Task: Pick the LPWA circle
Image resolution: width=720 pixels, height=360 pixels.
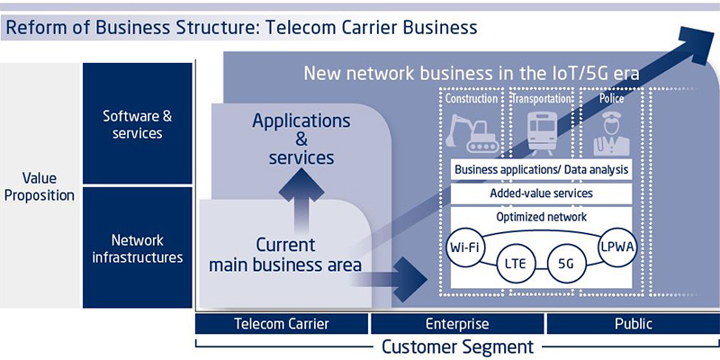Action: (618, 247)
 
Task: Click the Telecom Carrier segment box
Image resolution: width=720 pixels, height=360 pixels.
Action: (282, 324)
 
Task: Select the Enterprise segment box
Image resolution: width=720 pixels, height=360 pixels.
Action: (457, 324)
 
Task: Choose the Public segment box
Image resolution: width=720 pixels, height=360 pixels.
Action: (634, 324)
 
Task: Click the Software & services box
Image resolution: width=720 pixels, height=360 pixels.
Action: (138, 123)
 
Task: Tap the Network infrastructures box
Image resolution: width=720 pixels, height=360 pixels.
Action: (138, 247)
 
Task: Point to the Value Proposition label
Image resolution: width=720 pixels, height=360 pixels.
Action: (40, 186)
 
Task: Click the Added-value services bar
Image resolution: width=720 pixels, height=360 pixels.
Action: (542, 193)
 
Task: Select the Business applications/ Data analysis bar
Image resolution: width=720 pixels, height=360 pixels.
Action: (542, 170)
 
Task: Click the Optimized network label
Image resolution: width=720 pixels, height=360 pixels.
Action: (542, 216)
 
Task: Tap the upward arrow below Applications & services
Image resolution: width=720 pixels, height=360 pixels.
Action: (301, 199)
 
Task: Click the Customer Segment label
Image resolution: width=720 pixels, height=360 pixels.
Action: (458, 346)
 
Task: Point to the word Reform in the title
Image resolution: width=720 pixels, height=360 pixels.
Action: (33, 28)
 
